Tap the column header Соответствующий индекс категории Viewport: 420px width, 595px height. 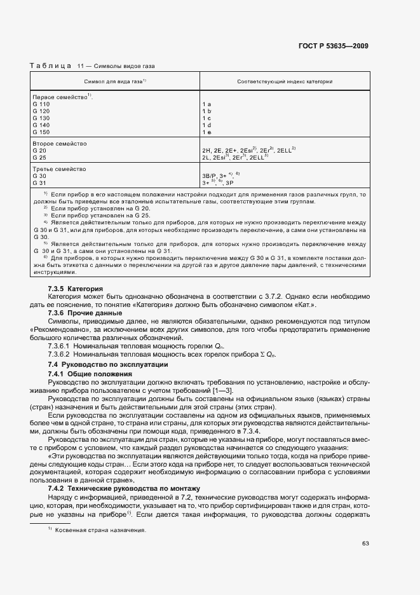click(285, 82)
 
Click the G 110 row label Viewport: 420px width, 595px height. click(41, 104)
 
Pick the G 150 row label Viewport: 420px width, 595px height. click(41, 132)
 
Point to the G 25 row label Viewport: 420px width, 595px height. click(39, 157)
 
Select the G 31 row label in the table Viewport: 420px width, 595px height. click(39, 183)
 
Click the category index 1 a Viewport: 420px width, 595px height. click(207, 104)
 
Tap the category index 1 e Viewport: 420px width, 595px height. click(207, 132)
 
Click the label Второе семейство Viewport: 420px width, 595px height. click(59, 144)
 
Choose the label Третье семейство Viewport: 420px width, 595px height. click(59, 169)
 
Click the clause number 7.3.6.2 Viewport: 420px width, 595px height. click(59, 353)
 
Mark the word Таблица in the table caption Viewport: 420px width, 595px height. click(51, 66)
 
